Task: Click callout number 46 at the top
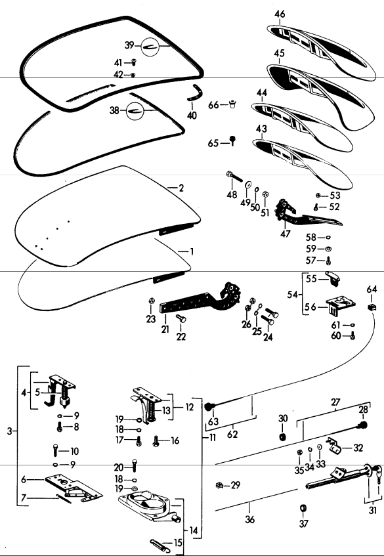(280, 14)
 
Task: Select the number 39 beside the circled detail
(129, 45)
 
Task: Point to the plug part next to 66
(232, 104)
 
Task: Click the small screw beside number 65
(232, 140)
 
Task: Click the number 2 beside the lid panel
(181, 188)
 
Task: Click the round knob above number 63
(212, 405)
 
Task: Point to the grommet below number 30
(283, 437)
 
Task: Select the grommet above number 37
(303, 507)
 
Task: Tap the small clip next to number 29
(219, 485)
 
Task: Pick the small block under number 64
(372, 307)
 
